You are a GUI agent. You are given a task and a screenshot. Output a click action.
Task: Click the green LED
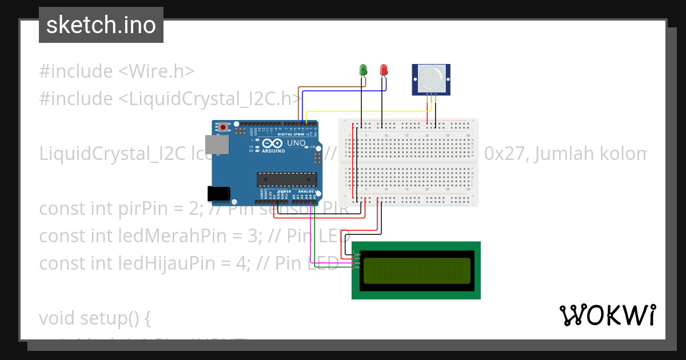[x=363, y=70]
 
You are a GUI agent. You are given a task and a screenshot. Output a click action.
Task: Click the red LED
[x=384, y=70]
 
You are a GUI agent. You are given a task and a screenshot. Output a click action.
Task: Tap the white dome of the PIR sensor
[x=430, y=75]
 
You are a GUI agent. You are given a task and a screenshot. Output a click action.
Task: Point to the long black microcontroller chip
[x=286, y=179]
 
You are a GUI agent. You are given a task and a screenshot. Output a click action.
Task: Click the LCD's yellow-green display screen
[x=417, y=270]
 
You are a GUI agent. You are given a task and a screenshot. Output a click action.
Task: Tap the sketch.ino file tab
[x=101, y=25]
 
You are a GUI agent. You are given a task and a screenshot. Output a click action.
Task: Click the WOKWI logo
[x=607, y=315]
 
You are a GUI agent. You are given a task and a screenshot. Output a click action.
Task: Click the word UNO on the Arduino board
[x=296, y=143]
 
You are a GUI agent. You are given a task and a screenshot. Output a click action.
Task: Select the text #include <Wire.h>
[x=117, y=71]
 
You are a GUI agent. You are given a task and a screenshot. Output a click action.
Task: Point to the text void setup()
[x=95, y=318]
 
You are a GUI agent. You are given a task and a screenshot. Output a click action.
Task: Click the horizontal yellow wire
[x=366, y=111]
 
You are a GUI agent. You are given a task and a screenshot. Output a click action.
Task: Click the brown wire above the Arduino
[x=332, y=87]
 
